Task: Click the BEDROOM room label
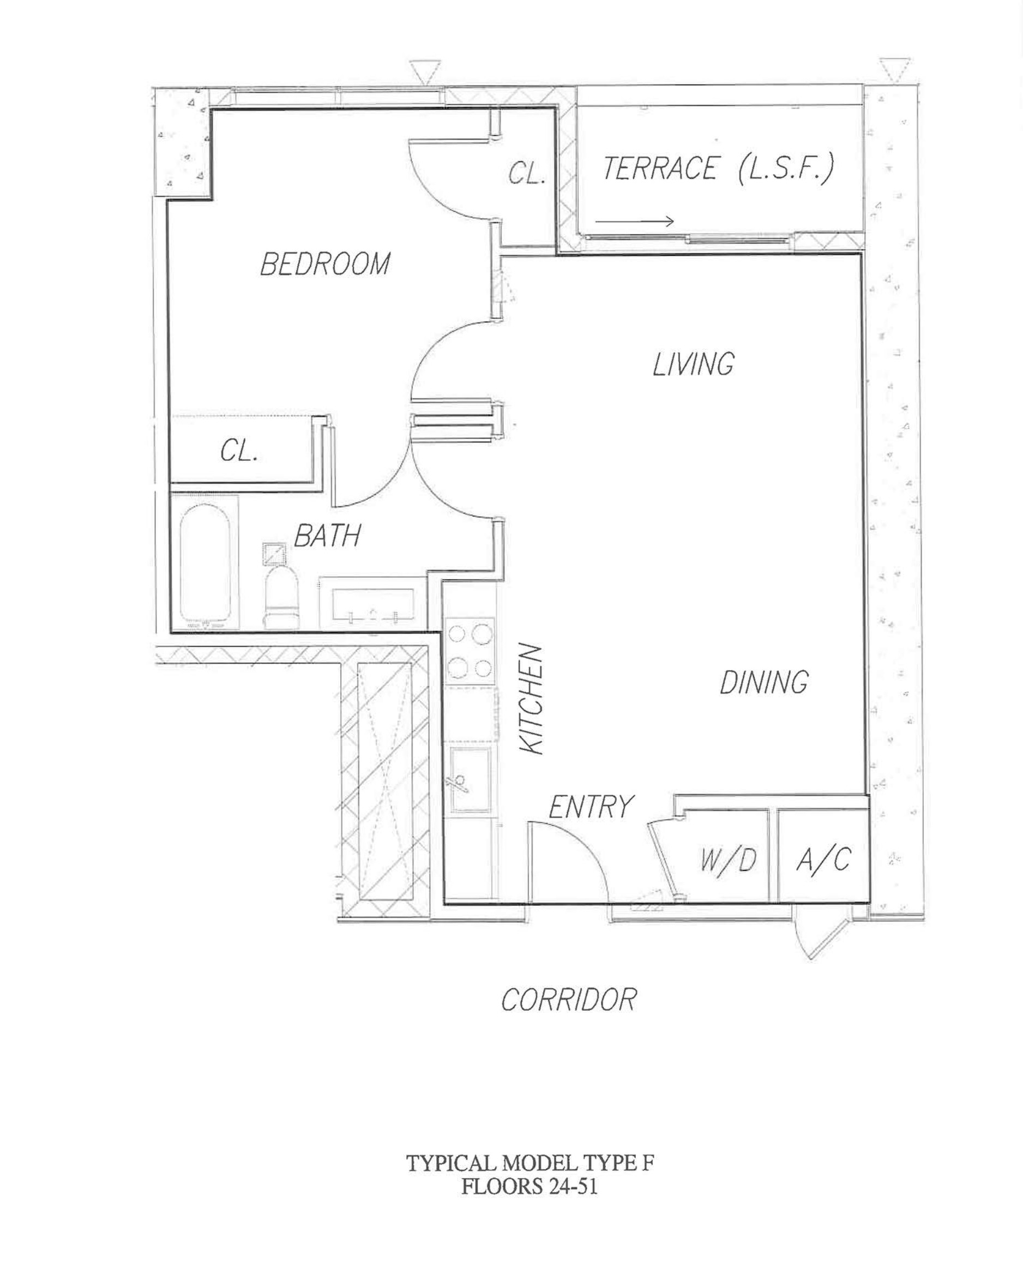325,263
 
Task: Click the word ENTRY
591,807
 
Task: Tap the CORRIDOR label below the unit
569,999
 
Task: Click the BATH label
327,536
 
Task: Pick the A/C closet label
823,859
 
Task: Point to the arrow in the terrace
635,221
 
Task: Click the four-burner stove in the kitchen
470,651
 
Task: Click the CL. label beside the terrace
527,175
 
